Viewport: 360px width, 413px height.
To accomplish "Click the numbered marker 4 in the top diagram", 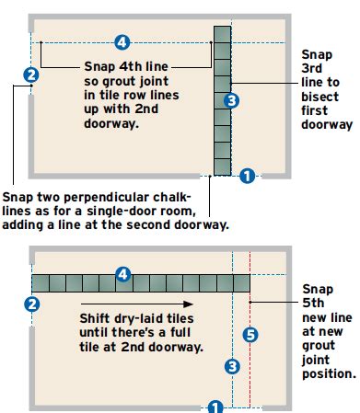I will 122,41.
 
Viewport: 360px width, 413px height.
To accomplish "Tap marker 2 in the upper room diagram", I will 31,75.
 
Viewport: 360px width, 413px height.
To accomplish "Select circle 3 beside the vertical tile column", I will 232,100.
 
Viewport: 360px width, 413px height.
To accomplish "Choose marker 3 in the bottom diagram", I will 232,367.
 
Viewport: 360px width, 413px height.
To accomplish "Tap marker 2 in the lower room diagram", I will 31,304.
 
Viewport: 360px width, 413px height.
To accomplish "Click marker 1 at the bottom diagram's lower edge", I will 215,406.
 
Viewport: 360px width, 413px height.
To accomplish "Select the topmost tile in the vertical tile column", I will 222,34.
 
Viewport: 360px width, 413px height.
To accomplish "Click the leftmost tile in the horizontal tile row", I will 41,282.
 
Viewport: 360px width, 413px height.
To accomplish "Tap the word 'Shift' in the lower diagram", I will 97,318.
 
